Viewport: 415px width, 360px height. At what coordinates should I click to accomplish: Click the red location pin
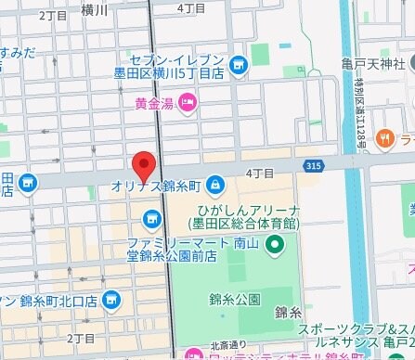click(x=142, y=166)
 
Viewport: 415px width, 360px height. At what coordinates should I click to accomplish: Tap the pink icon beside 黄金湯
click(x=187, y=101)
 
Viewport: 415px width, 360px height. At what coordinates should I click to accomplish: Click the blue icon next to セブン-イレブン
click(x=240, y=65)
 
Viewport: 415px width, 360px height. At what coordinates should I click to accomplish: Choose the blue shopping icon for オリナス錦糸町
click(x=215, y=184)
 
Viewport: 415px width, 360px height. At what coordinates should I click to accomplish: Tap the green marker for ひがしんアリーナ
click(x=274, y=245)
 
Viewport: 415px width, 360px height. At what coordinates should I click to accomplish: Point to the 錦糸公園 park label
click(x=234, y=299)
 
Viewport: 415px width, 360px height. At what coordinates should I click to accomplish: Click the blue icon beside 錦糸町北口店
click(x=111, y=299)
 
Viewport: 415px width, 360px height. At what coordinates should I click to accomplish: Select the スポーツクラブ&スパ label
click(x=357, y=330)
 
